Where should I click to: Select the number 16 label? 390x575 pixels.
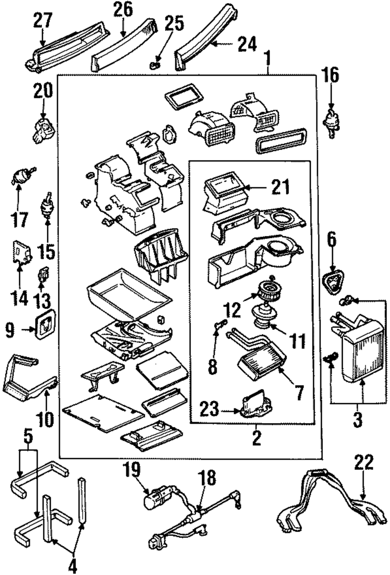coord(331,75)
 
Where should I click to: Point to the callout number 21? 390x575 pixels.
coord(280,187)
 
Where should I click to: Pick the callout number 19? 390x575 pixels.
coord(133,470)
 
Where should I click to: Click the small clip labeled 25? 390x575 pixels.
coord(155,66)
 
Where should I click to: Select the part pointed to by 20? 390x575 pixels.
coord(44,131)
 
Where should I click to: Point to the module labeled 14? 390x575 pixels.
coord(22,252)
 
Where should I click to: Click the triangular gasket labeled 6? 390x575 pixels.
coord(333,283)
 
